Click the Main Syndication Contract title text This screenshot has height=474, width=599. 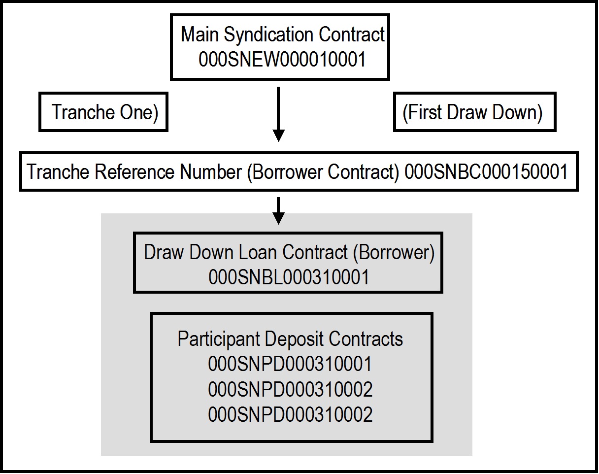[x=282, y=35]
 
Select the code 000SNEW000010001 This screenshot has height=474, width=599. [x=282, y=60]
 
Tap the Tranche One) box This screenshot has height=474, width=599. [x=103, y=112]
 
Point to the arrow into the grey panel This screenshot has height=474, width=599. [x=279, y=210]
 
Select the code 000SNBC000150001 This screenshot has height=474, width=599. [x=486, y=172]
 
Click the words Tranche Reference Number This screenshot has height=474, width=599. [x=134, y=172]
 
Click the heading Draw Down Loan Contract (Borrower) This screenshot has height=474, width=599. [x=289, y=252]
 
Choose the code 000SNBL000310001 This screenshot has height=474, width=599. [x=289, y=277]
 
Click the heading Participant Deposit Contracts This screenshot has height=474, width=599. [x=290, y=339]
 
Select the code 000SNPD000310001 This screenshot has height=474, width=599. [x=290, y=365]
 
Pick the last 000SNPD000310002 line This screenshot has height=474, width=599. [x=290, y=415]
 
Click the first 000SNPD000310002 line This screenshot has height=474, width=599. [x=290, y=390]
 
